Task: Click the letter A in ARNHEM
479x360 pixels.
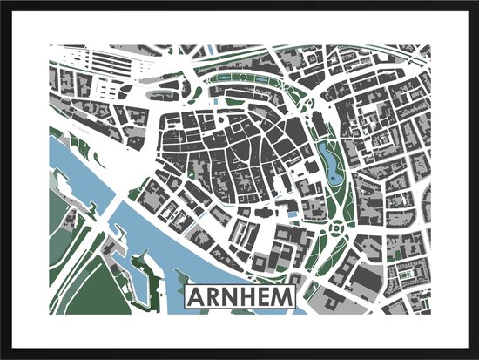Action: [x=198, y=297]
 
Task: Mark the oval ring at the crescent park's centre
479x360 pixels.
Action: [x=249, y=86]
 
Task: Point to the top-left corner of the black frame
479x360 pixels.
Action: [x=3, y=3]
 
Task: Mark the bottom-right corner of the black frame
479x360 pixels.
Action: [x=476, y=357]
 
